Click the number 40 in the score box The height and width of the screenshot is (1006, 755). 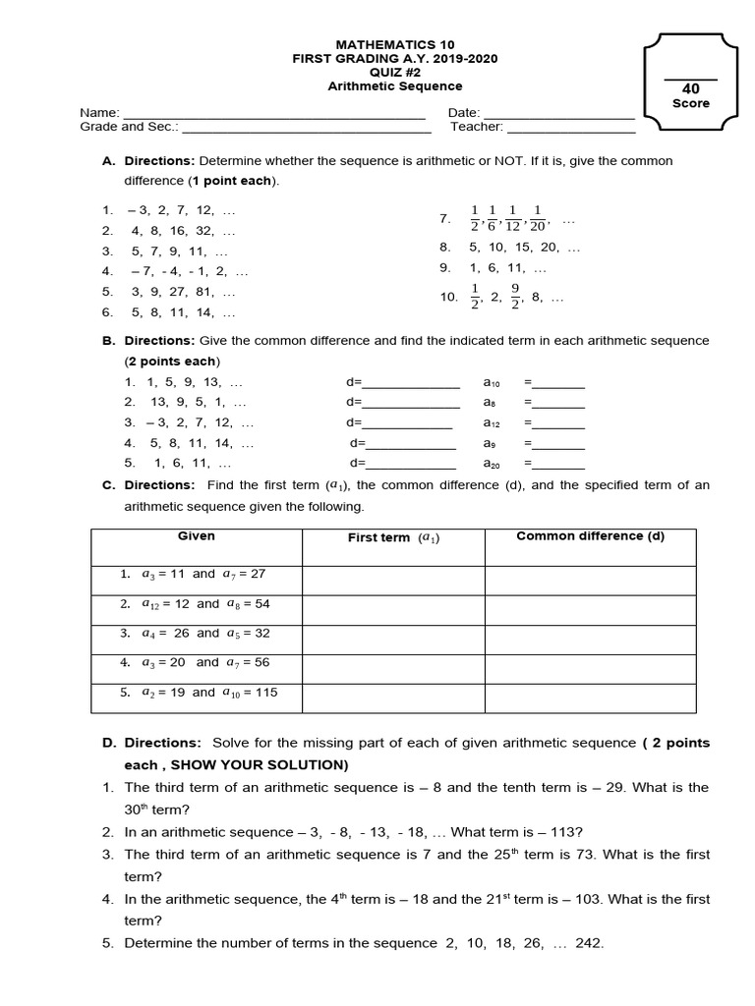690,88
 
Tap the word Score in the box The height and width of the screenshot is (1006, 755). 690,104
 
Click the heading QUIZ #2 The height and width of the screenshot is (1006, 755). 395,73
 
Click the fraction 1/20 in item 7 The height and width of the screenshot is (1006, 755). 537,218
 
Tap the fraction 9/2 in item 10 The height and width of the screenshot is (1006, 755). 514,297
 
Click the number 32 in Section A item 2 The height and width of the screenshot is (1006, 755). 203,231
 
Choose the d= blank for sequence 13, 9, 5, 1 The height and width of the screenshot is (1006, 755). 412,405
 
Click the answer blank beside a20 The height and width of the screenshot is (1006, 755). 558,466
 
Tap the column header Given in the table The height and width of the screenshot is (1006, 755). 196,536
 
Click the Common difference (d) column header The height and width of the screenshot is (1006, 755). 590,536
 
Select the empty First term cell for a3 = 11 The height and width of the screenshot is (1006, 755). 393,580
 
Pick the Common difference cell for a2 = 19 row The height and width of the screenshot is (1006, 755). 590,698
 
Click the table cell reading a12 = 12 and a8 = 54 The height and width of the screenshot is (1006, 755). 196,604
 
